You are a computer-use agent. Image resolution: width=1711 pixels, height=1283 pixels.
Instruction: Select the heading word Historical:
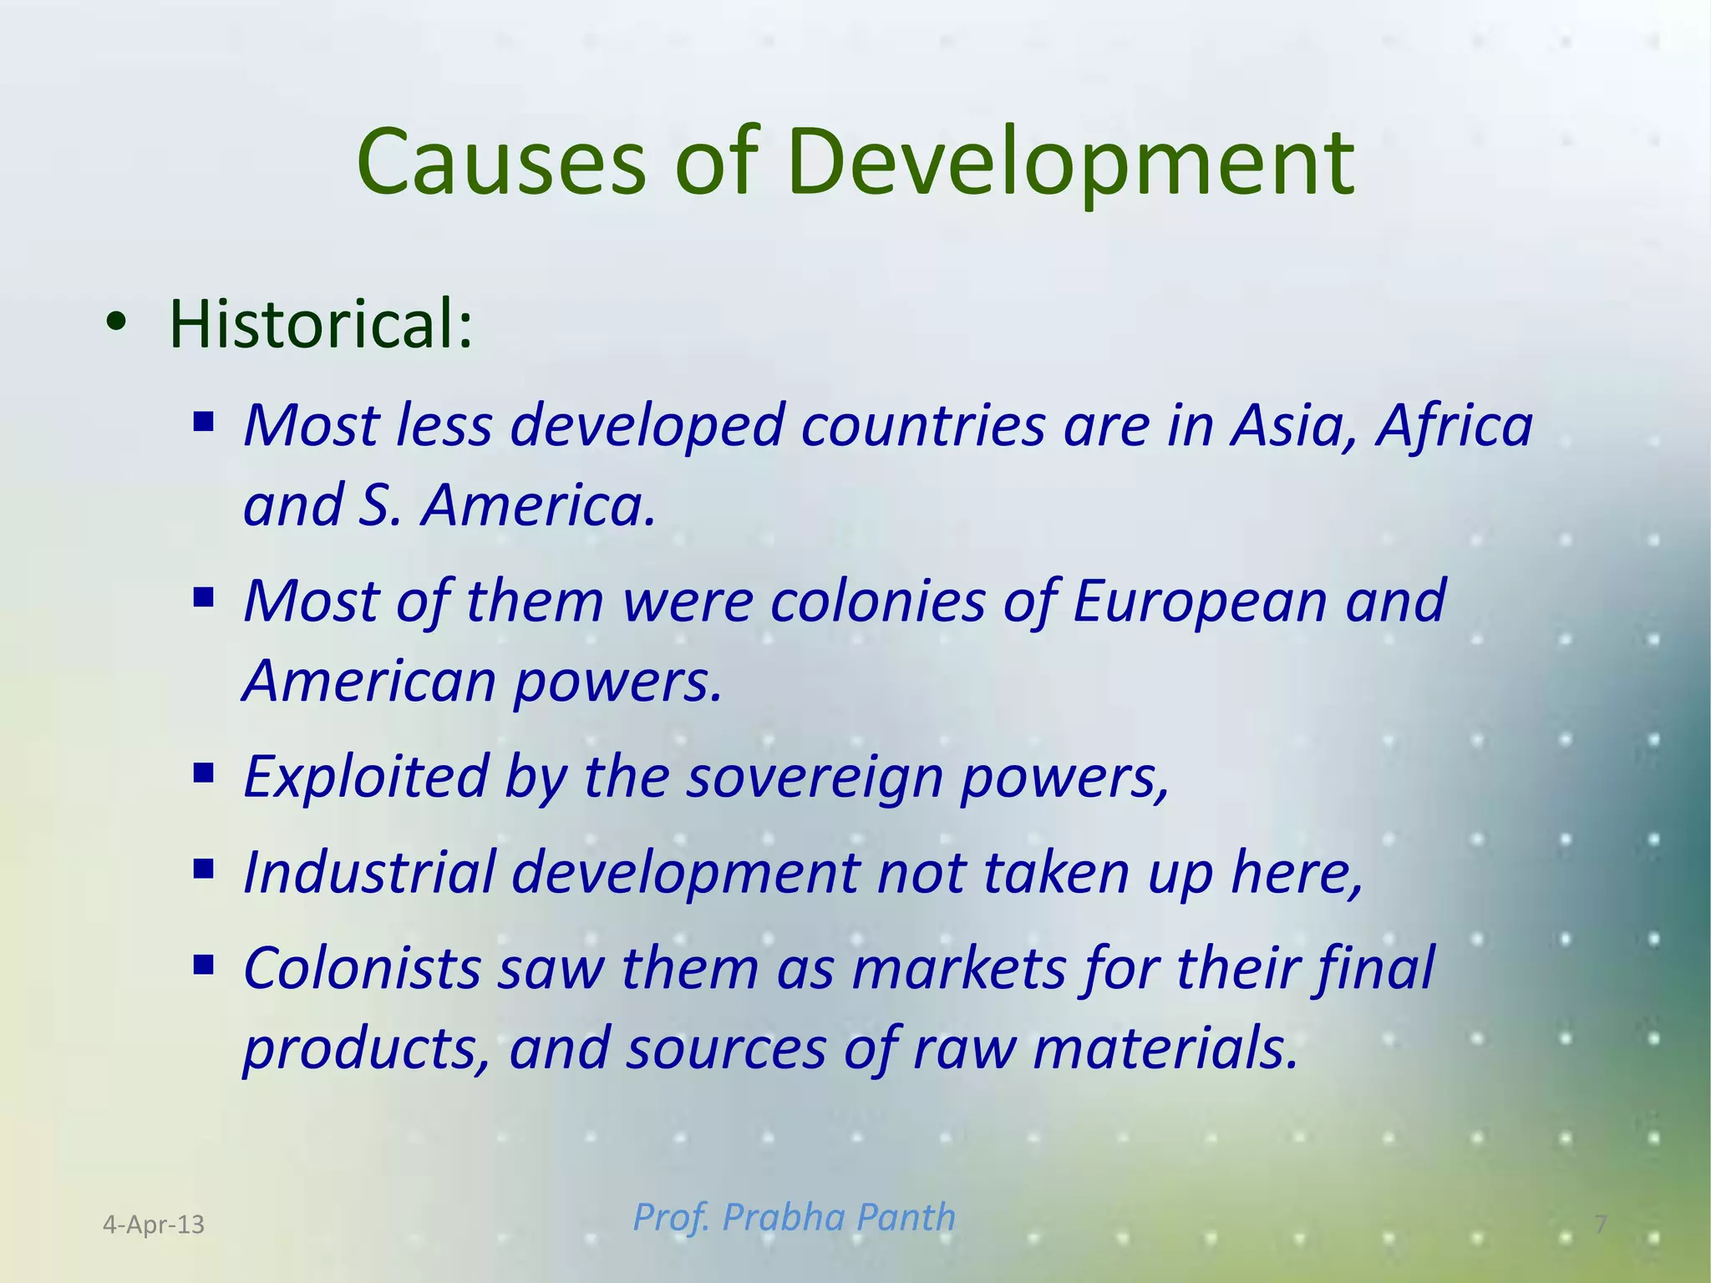[x=321, y=323]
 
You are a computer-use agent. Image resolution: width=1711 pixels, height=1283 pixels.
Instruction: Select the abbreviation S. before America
[x=381, y=506]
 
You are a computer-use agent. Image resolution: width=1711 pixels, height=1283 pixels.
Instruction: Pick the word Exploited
[x=365, y=777]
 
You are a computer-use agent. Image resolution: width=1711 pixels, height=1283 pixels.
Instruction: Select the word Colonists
[x=362, y=969]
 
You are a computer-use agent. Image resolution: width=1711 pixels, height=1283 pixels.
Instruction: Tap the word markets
[x=959, y=969]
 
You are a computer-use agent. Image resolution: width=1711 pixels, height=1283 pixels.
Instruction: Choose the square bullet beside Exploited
[x=203, y=774]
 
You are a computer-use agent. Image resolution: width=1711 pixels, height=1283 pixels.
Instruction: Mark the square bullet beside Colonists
[x=203, y=966]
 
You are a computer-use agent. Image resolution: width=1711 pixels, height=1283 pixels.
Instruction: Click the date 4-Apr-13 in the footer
[x=154, y=1225]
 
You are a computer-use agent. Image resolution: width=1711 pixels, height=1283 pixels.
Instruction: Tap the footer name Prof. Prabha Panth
[x=794, y=1217]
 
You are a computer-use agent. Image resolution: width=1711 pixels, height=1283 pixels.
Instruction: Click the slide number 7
[x=1601, y=1225]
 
